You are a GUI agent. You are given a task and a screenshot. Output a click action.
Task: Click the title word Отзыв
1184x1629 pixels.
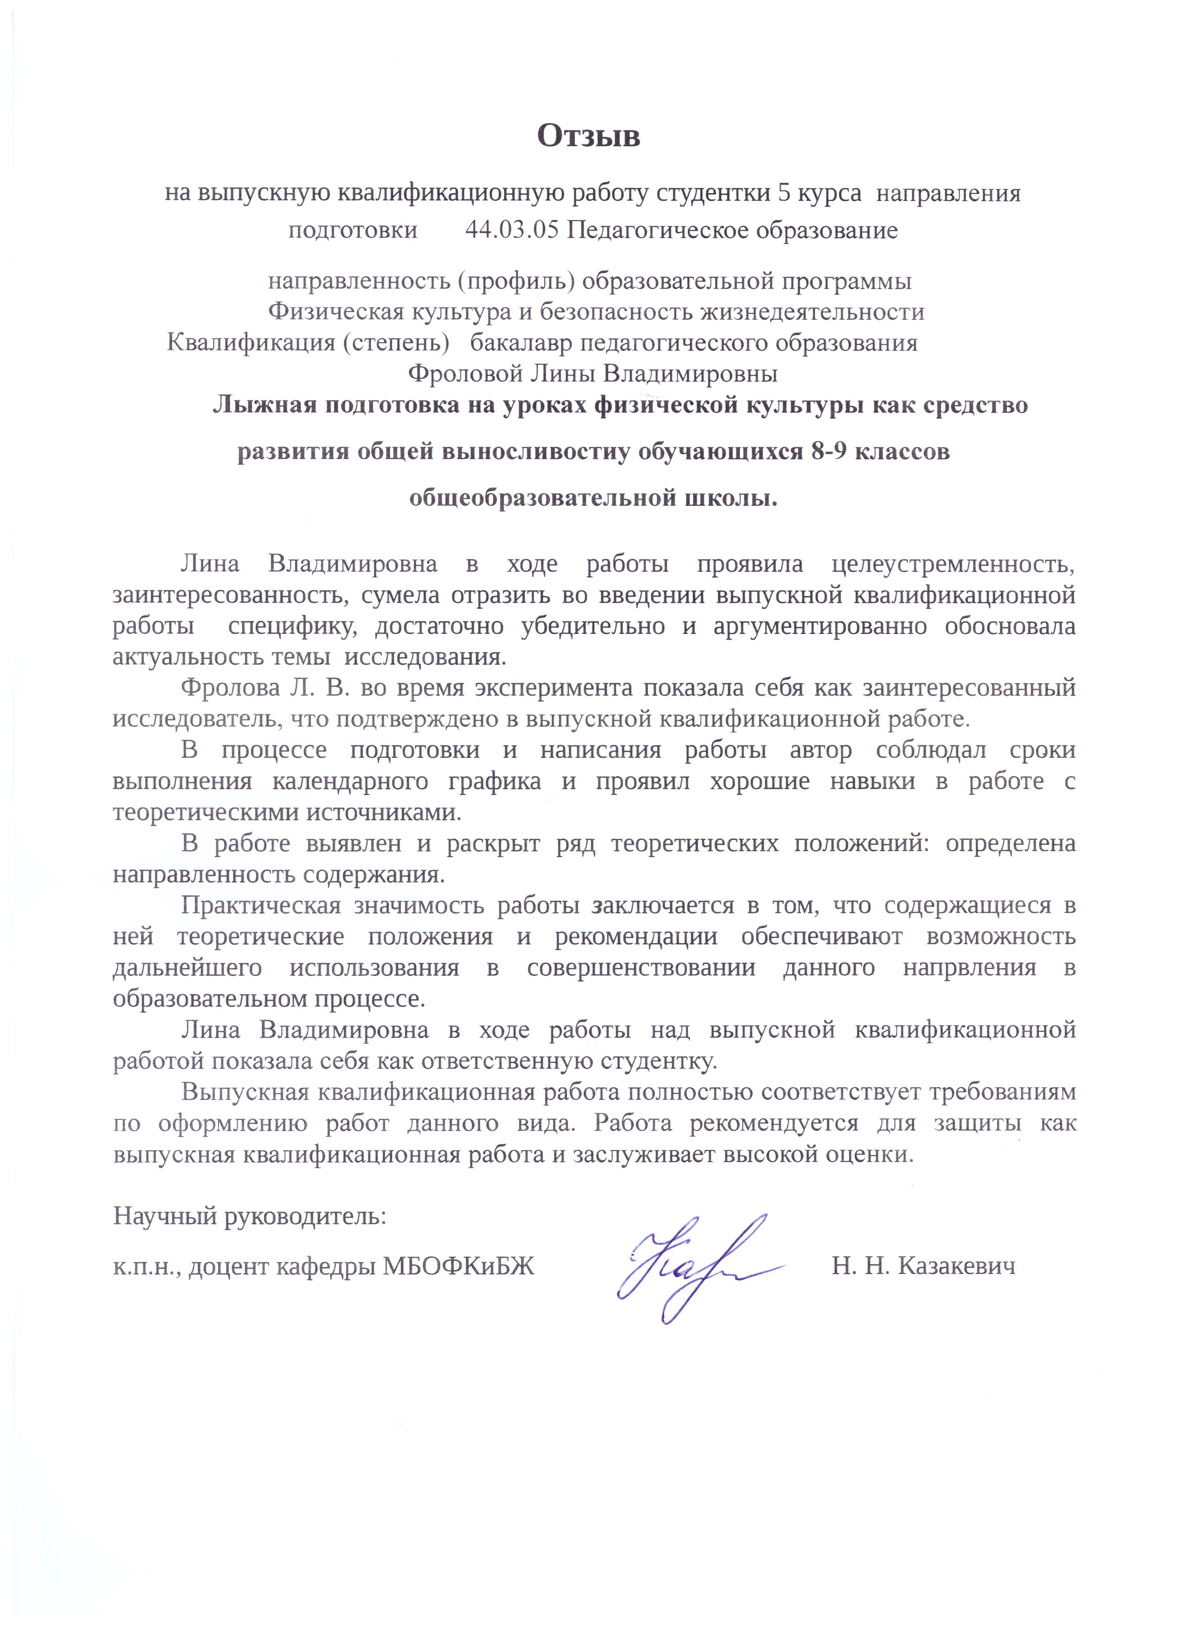[588, 136]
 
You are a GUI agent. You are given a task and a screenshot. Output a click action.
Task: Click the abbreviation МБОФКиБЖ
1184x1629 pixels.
[459, 1266]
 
